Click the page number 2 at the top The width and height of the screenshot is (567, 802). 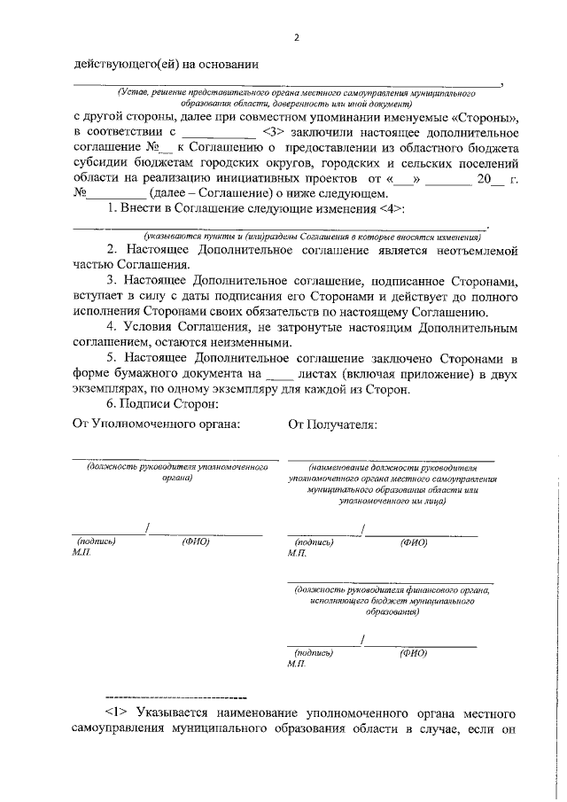coord(297,37)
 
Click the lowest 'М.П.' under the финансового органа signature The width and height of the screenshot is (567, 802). coord(296,663)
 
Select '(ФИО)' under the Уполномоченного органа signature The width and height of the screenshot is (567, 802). coord(195,541)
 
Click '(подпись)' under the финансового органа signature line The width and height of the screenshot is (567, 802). coord(314,652)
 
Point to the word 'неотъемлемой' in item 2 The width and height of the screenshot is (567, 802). coord(478,251)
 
